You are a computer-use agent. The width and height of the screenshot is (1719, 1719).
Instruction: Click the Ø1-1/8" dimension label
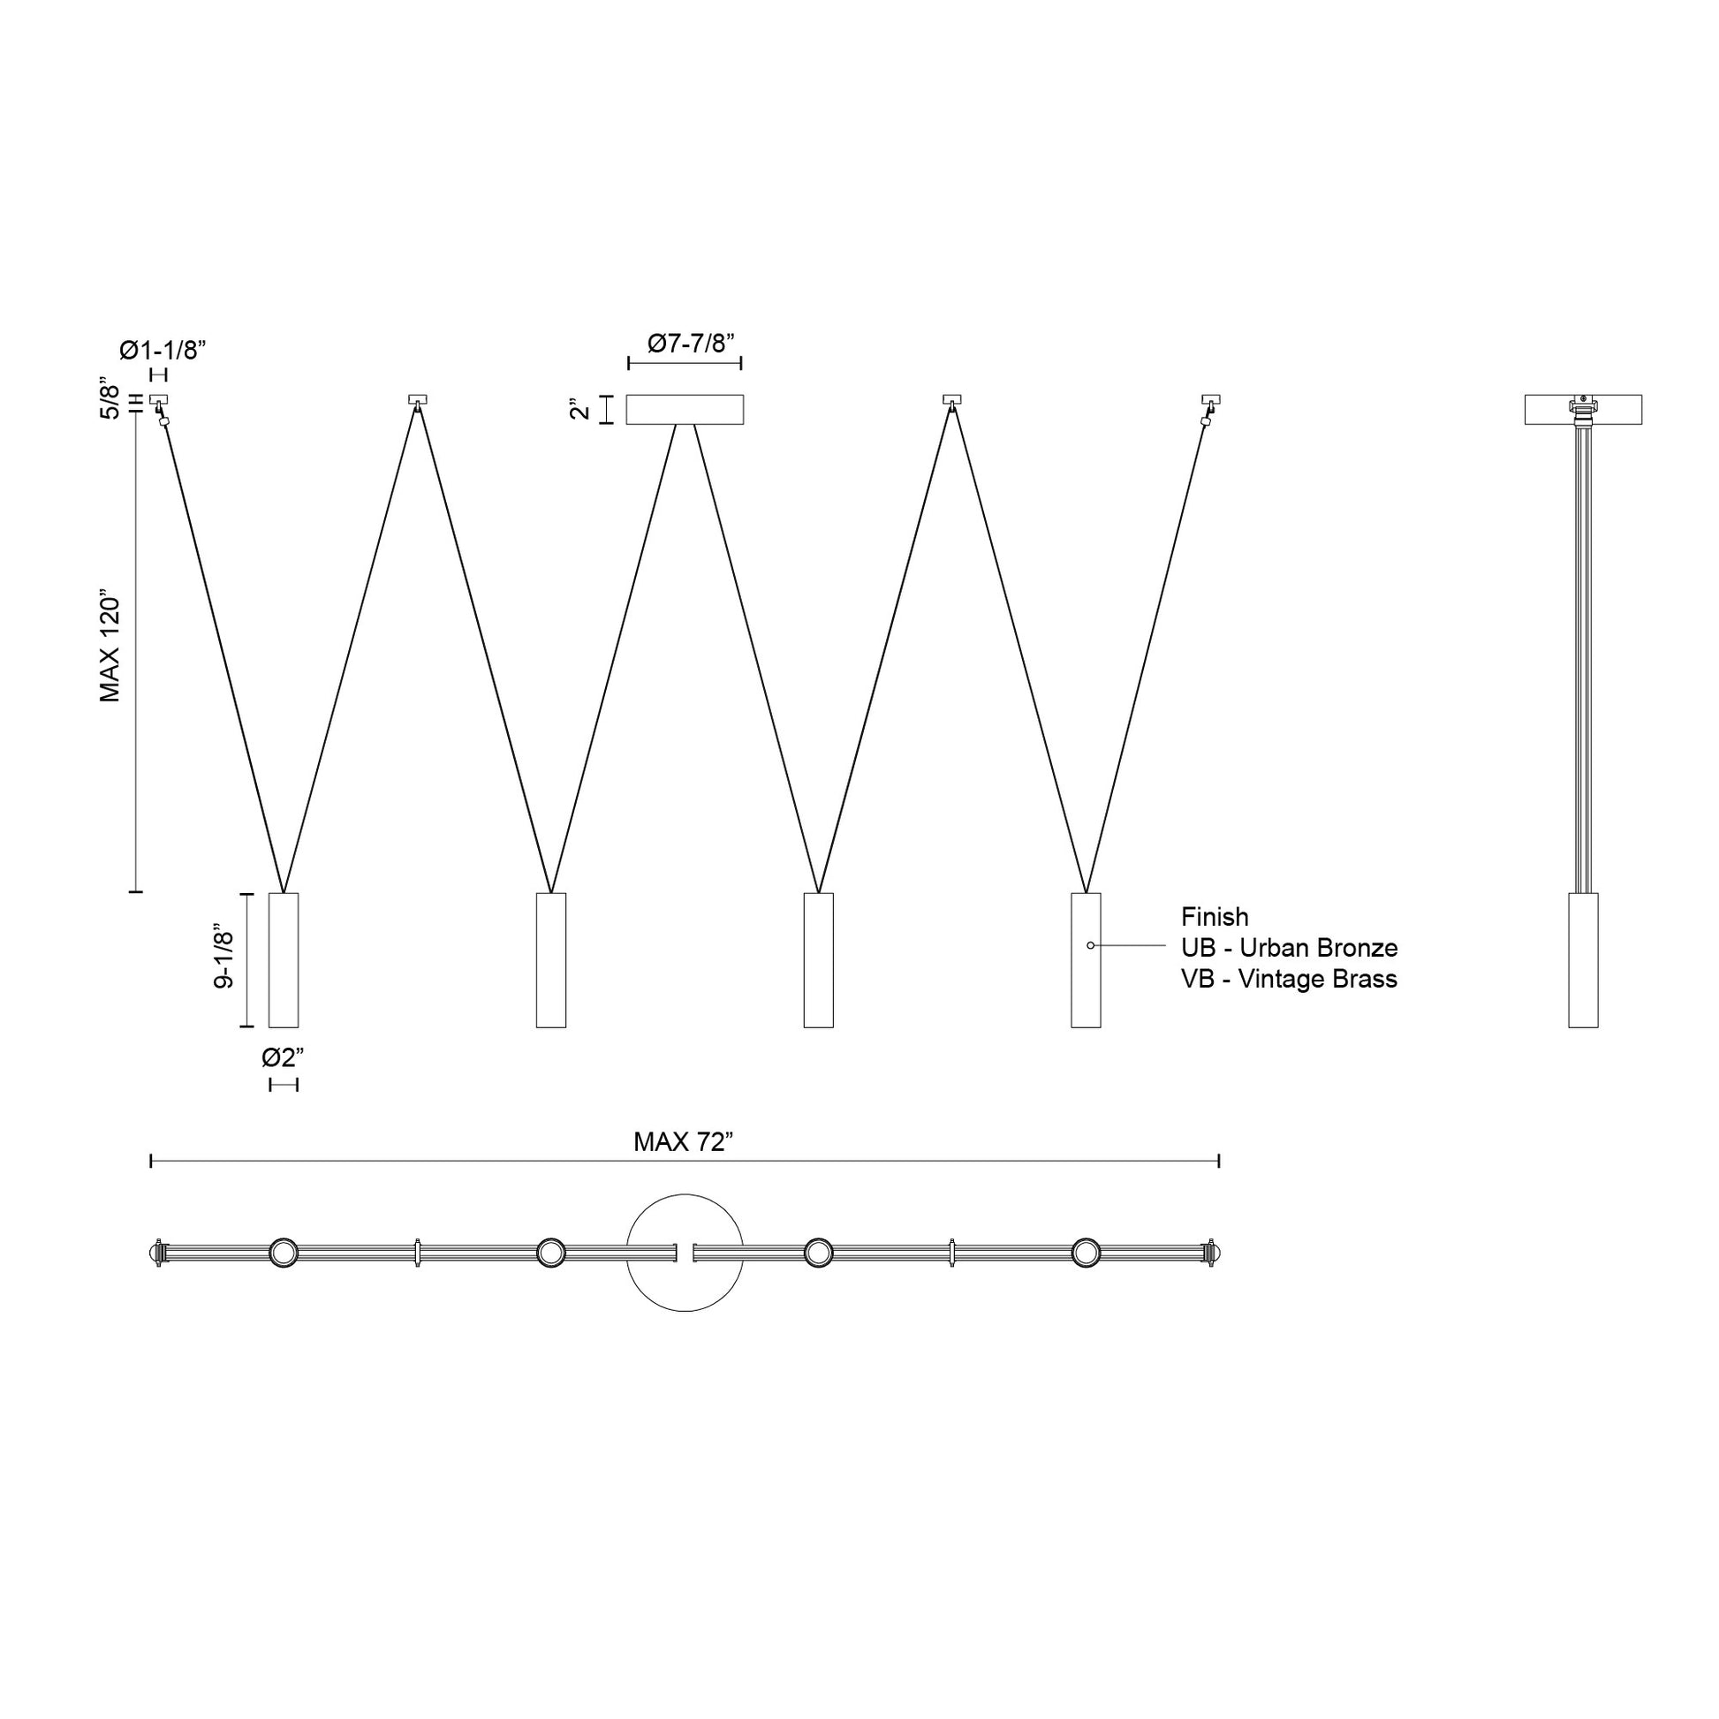(163, 350)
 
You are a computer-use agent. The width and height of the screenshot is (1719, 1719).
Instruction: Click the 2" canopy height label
(580, 410)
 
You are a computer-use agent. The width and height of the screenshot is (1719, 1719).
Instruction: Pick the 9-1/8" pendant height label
(223, 959)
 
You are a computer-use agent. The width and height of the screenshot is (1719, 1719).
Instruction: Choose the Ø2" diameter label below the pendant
(283, 1058)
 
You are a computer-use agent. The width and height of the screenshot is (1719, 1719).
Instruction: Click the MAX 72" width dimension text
(683, 1142)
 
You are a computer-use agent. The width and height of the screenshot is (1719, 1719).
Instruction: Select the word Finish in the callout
(1215, 916)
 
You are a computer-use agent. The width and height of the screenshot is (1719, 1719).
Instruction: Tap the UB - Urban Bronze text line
(1288, 948)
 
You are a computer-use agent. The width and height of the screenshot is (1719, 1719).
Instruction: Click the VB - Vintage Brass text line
(1288, 979)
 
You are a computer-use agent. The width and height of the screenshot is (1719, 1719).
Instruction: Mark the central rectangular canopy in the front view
(685, 410)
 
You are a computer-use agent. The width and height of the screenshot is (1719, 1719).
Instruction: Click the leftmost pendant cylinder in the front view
(284, 960)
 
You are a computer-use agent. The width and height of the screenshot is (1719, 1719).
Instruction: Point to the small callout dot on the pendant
(1091, 945)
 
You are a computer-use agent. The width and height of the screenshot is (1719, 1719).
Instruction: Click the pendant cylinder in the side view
(1583, 960)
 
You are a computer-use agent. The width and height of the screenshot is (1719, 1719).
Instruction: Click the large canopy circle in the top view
(685, 1291)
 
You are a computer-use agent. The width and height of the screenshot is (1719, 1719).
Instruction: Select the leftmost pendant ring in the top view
(284, 1253)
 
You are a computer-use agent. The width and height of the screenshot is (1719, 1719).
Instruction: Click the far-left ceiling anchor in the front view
(159, 400)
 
